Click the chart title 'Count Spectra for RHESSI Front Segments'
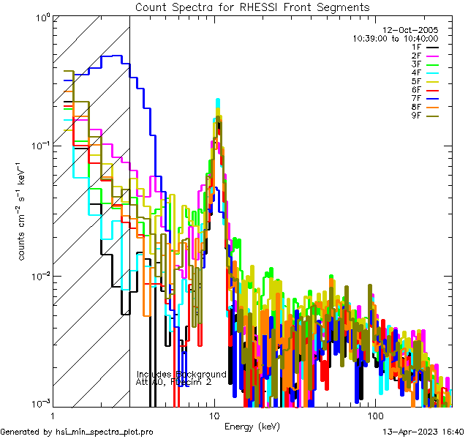[252, 7]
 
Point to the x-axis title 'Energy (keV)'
[252, 427]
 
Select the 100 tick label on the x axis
[374, 416]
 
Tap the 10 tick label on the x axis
[214, 416]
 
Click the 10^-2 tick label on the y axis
[38, 276]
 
